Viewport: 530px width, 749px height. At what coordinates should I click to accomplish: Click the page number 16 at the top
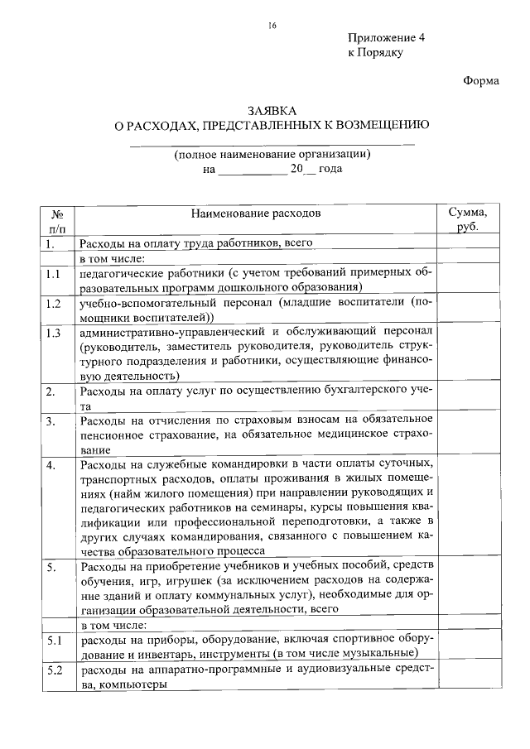click(x=272, y=26)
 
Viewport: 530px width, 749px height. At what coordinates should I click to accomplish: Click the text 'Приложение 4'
click(x=380, y=39)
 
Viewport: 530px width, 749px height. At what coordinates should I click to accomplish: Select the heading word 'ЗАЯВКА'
click(x=272, y=111)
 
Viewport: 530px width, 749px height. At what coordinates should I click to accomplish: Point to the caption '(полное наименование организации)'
click(x=272, y=154)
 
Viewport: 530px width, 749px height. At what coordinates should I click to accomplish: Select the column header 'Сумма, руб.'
click(x=468, y=219)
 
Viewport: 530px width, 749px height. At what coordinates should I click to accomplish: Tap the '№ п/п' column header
click(x=58, y=220)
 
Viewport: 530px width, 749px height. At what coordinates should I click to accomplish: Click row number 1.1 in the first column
click(x=55, y=274)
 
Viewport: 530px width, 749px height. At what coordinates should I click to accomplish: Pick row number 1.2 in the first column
click(x=55, y=304)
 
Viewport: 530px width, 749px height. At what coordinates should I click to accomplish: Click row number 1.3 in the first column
click(x=55, y=334)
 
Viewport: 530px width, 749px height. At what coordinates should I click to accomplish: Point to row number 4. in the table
click(x=51, y=465)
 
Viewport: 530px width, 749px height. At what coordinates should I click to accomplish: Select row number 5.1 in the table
click(x=55, y=641)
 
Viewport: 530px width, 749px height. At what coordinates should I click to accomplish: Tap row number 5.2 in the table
click(x=55, y=670)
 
